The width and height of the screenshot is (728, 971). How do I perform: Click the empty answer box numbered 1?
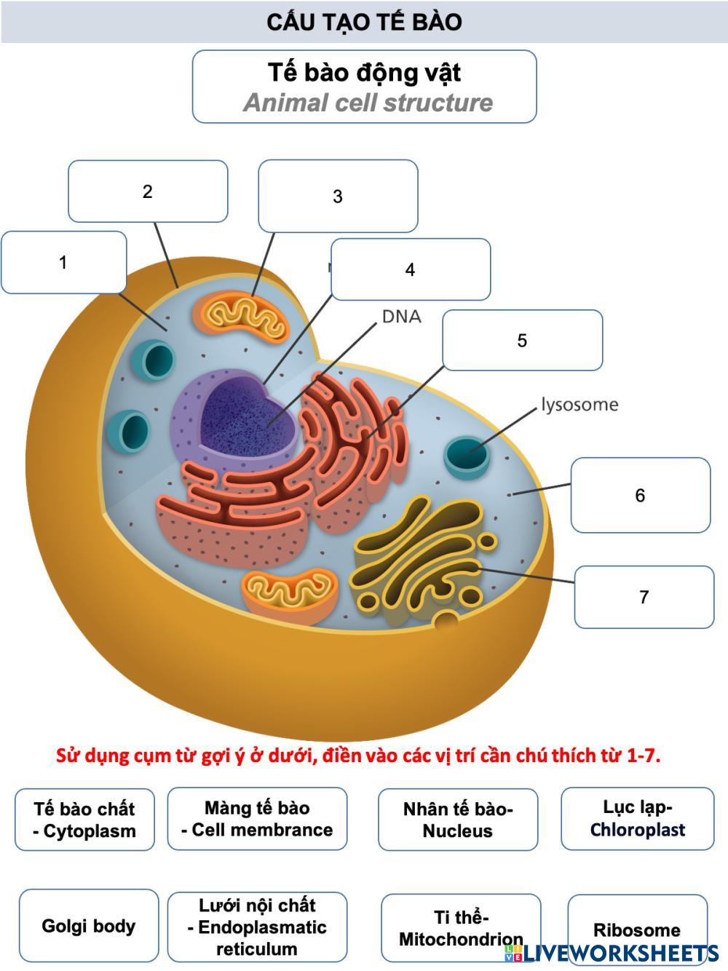[64, 262]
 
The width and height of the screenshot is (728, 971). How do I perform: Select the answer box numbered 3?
[338, 196]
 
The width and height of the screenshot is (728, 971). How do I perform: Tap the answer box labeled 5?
[522, 340]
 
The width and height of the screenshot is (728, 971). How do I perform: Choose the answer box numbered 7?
[644, 597]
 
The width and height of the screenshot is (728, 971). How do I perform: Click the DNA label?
[401, 317]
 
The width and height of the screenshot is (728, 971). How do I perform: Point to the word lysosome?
[579, 405]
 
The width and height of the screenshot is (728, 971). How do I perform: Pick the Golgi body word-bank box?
[88, 926]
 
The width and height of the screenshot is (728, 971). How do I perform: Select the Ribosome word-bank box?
[637, 930]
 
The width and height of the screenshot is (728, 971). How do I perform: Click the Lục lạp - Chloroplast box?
[638, 819]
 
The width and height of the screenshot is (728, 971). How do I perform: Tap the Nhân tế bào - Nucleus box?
[458, 820]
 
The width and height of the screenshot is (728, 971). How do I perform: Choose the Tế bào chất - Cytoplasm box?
[84, 820]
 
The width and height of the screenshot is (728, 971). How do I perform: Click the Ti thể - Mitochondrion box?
[461, 928]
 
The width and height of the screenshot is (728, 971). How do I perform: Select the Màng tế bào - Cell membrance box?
[257, 819]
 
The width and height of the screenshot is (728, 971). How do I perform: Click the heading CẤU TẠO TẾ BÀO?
[364, 22]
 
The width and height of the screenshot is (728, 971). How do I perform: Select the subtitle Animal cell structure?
[368, 103]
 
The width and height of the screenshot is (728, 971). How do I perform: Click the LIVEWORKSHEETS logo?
[620, 953]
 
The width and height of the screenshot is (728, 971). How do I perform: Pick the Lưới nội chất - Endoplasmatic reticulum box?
[257, 927]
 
